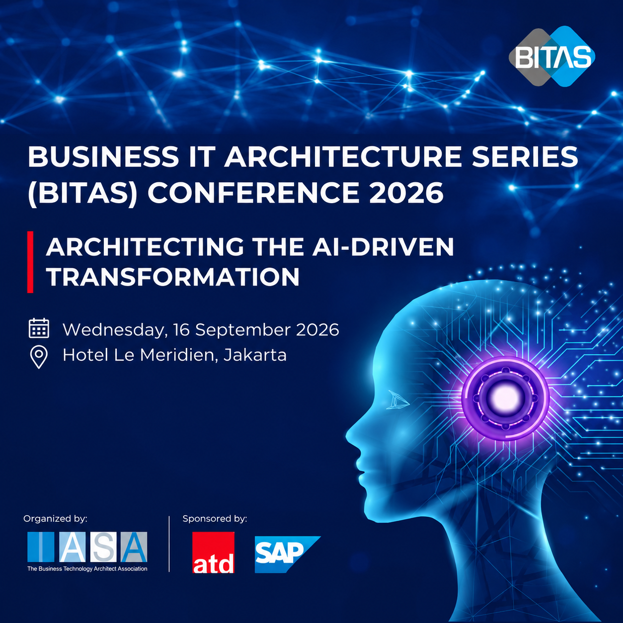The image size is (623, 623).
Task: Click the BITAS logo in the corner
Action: click(552, 57)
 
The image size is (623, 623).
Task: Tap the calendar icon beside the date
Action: click(39, 328)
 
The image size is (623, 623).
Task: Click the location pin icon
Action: click(39, 357)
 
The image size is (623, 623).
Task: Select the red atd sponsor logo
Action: click(213, 552)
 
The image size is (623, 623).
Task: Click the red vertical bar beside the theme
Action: click(30, 262)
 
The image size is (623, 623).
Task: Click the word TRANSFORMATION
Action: click(173, 277)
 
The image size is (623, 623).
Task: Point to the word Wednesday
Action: click(115, 330)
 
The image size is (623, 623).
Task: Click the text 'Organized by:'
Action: click(55, 519)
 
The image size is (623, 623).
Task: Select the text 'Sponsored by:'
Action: click(215, 519)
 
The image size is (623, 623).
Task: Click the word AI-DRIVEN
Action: click(383, 247)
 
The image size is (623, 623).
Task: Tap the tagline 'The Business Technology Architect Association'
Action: click(87, 569)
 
